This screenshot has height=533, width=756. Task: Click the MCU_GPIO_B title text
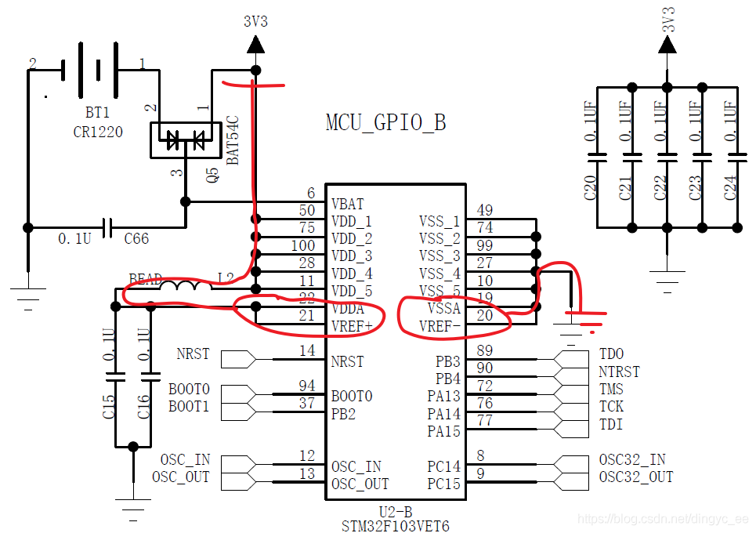coord(385,123)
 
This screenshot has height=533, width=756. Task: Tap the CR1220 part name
coord(98,132)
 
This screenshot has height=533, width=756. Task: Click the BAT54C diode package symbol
coord(186,140)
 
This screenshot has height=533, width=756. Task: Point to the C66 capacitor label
coord(136,238)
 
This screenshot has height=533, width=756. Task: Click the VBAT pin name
coord(347,204)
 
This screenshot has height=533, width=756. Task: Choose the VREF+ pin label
coord(351,326)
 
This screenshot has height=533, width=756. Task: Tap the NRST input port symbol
coord(238,360)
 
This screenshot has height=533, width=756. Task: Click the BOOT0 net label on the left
coord(189,389)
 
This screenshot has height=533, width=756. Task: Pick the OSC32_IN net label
coord(632,459)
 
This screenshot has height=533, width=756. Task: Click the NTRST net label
coord(618,372)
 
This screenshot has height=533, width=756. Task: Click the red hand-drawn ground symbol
coord(586,317)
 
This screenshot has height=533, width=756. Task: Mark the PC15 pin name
coord(444,484)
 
